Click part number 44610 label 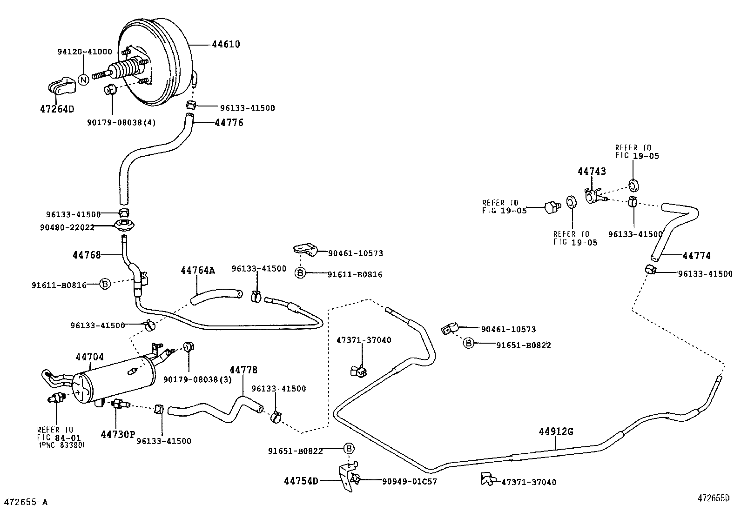(226, 45)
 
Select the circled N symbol (83, 80)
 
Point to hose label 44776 (229, 123)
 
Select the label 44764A (198, 270)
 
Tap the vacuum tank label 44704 (90, 357)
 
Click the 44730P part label (118, 434)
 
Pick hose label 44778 (243, 370)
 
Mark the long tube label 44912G (556, 431)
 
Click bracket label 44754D (301, 481)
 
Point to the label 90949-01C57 (410, 482)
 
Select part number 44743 (592, 171)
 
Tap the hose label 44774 (696, 256)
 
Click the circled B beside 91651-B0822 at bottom (349, 449)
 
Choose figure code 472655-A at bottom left (26, 502)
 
